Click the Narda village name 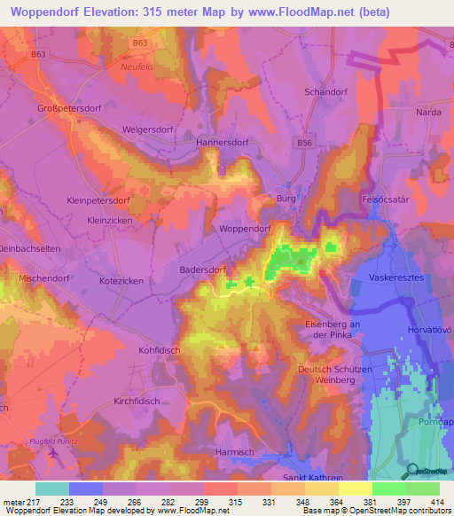[429, 113]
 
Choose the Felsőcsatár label [384, 201]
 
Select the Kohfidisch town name [159, 350]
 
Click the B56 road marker [305, 143]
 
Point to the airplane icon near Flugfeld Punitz [54, 454]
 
